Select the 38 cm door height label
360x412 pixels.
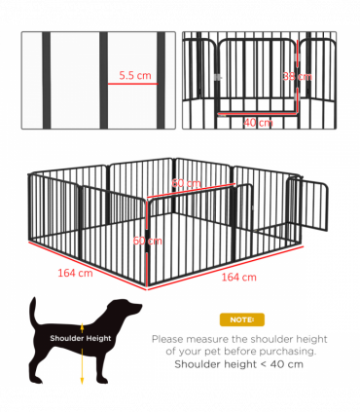pos(303,76)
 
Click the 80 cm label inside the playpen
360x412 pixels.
pos(186,183)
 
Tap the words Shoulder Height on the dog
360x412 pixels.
pos(81,339)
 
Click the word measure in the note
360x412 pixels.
pos(218,339)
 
